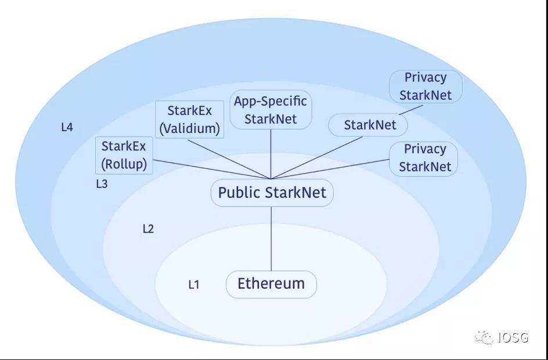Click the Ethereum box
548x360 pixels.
pos(271,284)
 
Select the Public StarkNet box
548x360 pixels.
pos(272,193)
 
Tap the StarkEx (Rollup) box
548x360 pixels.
pos(124,156)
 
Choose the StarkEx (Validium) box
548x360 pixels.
pos(190,120)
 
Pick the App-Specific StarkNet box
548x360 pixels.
pos(271,110)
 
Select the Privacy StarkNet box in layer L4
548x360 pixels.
pos(426,87)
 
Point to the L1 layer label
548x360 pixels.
pos(194,285)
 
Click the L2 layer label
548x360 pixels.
pos(148,229)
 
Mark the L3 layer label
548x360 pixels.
pos(102,184)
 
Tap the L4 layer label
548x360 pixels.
pos(67,127)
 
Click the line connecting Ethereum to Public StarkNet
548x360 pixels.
pos(271,238)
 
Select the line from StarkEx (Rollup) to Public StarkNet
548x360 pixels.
pos(209,169)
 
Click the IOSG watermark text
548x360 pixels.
pos(513,337)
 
